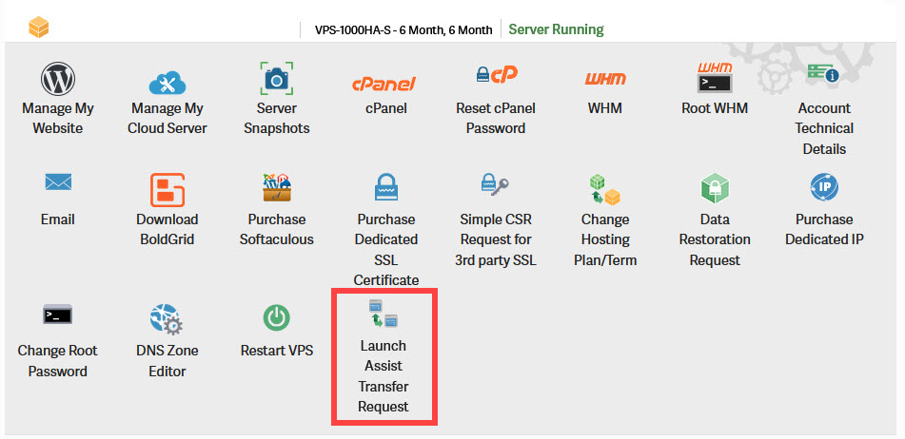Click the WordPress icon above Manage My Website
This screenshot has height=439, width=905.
point(58,78)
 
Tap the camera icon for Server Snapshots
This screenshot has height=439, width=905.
point(276,78)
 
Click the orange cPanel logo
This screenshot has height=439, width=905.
point(385,83)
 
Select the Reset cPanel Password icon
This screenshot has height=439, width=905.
point(496,76)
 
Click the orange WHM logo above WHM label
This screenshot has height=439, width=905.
point(605,80)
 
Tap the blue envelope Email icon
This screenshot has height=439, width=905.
point(58,183)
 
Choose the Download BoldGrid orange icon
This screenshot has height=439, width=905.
point(167,190)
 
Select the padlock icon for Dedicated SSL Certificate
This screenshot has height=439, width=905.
point(385,188)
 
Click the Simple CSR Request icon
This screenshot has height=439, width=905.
point(495,187)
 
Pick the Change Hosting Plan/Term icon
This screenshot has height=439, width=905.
point(604,190)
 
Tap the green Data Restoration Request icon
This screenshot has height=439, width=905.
point(715,189)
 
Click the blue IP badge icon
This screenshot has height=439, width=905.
point(823,186)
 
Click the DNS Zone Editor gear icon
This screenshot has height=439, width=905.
point(167,319)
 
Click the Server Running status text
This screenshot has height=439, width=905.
point(556,29)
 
